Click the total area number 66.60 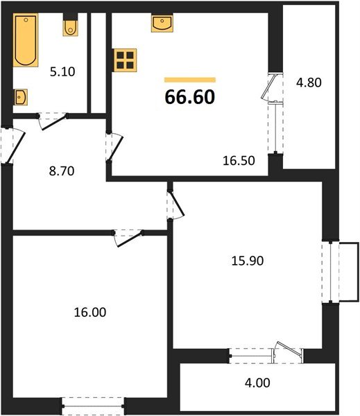pyautogui.click(x=189, y=97)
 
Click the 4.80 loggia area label pyautogui.click(x=308, y=82)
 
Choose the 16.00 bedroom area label pyautogui.click(x=90, y=313)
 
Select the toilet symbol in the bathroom pyautogui.click(x=70, y=27)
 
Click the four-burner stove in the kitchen pyautogui.click(x=125, y=60)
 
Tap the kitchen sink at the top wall pyautogui.click(x=161, y=24)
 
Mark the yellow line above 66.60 pyautogui.click(x=189, y=80)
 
